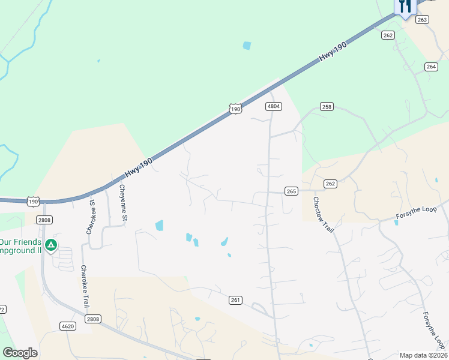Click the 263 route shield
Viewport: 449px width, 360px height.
click(423, 20)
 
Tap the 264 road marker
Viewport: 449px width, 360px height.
click(430, 67)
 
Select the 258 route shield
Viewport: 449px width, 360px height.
click(326, 107)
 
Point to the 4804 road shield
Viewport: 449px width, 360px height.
click(274, 106)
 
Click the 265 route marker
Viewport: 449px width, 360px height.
click(291, 191)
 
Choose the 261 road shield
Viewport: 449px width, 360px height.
click(235, 299)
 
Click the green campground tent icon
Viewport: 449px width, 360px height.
click(52, 245)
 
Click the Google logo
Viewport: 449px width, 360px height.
click(20, 353)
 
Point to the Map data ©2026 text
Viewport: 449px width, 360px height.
click(423, 355)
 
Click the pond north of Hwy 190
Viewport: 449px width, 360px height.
click(247, 45)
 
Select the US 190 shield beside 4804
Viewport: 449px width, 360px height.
click(235, 109)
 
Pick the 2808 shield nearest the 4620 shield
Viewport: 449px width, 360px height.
click(92, 319)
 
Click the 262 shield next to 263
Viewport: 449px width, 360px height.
click(388, 35)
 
